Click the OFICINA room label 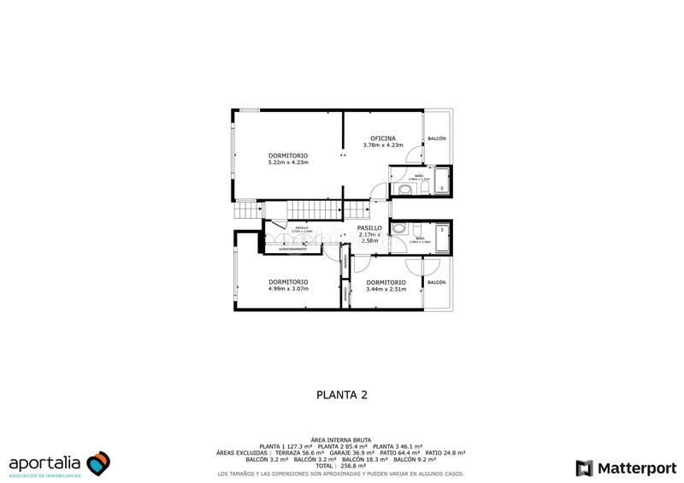(x=382, y=138)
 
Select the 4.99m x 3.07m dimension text (x=287, y=289)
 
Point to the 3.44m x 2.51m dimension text (x=385, y=289)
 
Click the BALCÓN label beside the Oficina (x=437, y=138)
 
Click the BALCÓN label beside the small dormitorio (x=436, y=282)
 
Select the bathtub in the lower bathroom (x=443, y=238)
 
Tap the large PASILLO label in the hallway (x=369, y=228)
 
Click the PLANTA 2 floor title (x=342, y=394)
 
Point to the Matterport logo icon (x=584, y=468)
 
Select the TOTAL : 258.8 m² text (x=342, y=465)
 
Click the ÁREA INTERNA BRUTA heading (x=342, y=438)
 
